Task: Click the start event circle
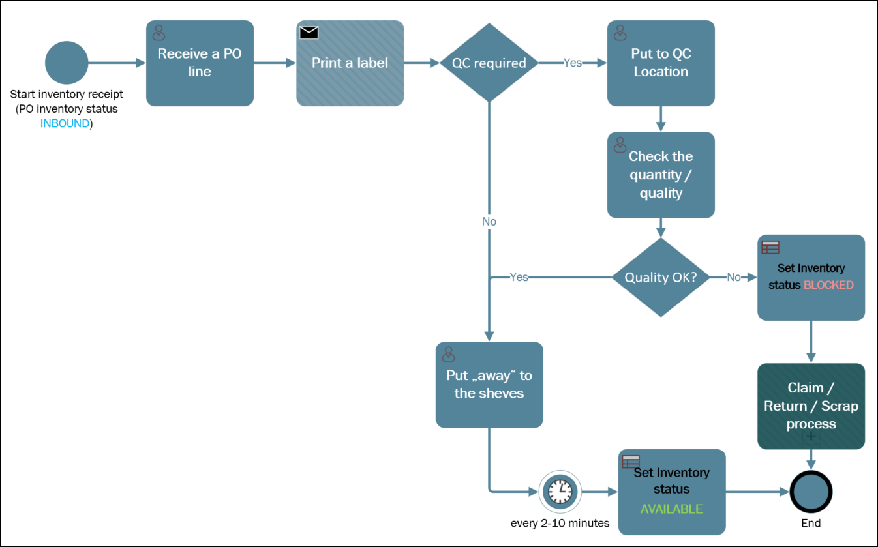click(67, 63)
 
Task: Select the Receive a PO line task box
click(200, 63)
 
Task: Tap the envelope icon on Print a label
click(309, 33)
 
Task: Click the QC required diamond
click(489, 63)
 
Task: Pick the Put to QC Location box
click(661, 63)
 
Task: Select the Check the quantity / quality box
click(661, 175)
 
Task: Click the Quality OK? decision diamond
click(661, 277)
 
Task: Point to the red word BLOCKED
click(828, 285)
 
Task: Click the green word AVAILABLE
click(671, 509)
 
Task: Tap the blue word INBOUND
click(65, 123)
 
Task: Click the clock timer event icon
click(560, 491)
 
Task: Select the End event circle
click(811, 491)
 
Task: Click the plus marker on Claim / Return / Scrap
click(811, 437)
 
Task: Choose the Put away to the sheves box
click(489, 385)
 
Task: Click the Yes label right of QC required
click(573, 63)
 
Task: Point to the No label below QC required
click(489, 222)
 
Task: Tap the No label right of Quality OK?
click(734, 277)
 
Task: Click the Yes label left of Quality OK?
click(519, 277)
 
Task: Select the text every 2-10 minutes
click(560, 524)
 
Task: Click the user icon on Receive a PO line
click(159, 33)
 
